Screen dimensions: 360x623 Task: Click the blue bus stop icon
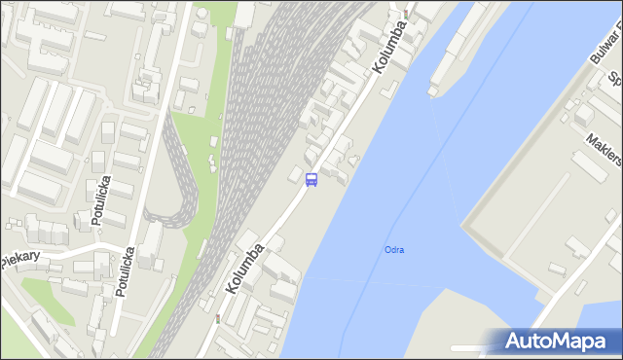[311, 180]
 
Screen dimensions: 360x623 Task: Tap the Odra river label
[394, 250]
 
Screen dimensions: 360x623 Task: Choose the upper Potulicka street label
[99, 201]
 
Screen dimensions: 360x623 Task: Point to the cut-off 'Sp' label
[614, 78]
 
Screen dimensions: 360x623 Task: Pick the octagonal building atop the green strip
[200, 26]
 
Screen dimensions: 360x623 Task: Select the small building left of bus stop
[295, 174]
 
